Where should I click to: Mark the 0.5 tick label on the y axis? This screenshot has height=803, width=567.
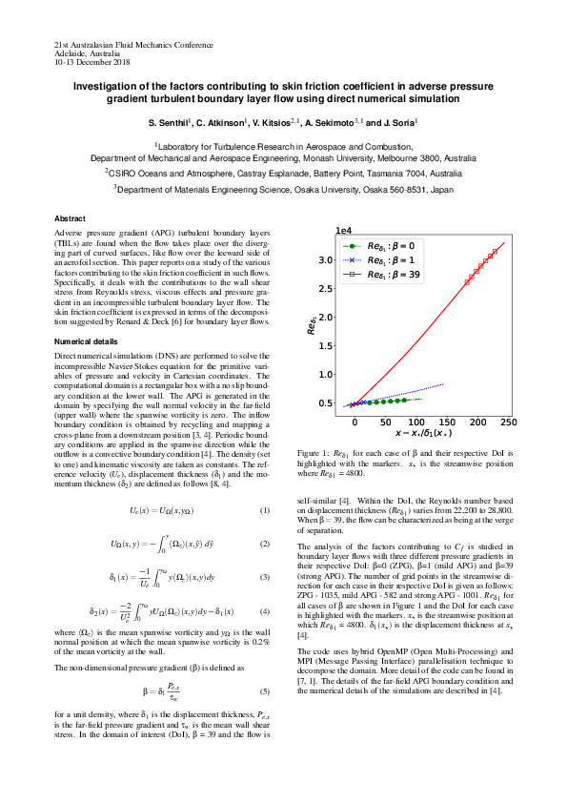325,403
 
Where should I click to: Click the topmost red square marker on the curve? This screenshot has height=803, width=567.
496,252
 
